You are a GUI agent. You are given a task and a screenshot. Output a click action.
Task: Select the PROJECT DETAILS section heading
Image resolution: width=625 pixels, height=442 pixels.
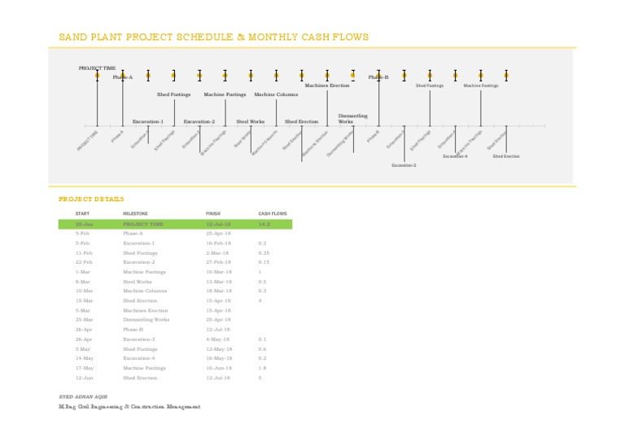[91, 199]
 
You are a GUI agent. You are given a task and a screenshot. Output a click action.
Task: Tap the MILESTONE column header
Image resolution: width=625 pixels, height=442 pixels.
[135, 213]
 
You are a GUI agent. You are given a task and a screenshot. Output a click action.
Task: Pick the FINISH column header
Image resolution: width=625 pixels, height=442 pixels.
[213, 213]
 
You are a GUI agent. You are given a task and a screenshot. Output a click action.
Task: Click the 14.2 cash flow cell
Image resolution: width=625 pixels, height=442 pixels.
[264, 224]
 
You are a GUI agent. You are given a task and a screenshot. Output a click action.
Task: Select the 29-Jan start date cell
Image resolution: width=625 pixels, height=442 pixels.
[83, 224]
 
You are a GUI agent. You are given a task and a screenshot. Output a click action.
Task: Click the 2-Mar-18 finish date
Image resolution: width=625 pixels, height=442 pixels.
[218, 252]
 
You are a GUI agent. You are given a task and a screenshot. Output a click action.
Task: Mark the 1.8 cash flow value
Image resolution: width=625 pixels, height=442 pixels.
[262, 368]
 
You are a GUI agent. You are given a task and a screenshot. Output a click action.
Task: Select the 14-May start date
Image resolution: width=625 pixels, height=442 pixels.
[84, 358]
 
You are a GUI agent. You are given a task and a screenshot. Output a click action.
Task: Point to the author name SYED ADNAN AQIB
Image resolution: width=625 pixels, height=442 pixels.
[83, 396]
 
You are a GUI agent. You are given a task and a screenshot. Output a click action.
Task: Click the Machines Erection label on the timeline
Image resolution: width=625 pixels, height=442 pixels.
[327, 85]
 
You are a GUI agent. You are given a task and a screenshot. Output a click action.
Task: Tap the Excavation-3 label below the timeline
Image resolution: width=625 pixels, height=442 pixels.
[404, 164]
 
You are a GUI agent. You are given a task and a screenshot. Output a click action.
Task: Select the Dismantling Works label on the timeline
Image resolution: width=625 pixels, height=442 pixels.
[352, 119]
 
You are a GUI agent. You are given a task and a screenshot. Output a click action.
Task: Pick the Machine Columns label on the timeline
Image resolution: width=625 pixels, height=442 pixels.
[276, 94]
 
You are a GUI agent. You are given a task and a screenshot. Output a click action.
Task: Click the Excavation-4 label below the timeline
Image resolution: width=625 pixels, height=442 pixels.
[455, 155]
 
